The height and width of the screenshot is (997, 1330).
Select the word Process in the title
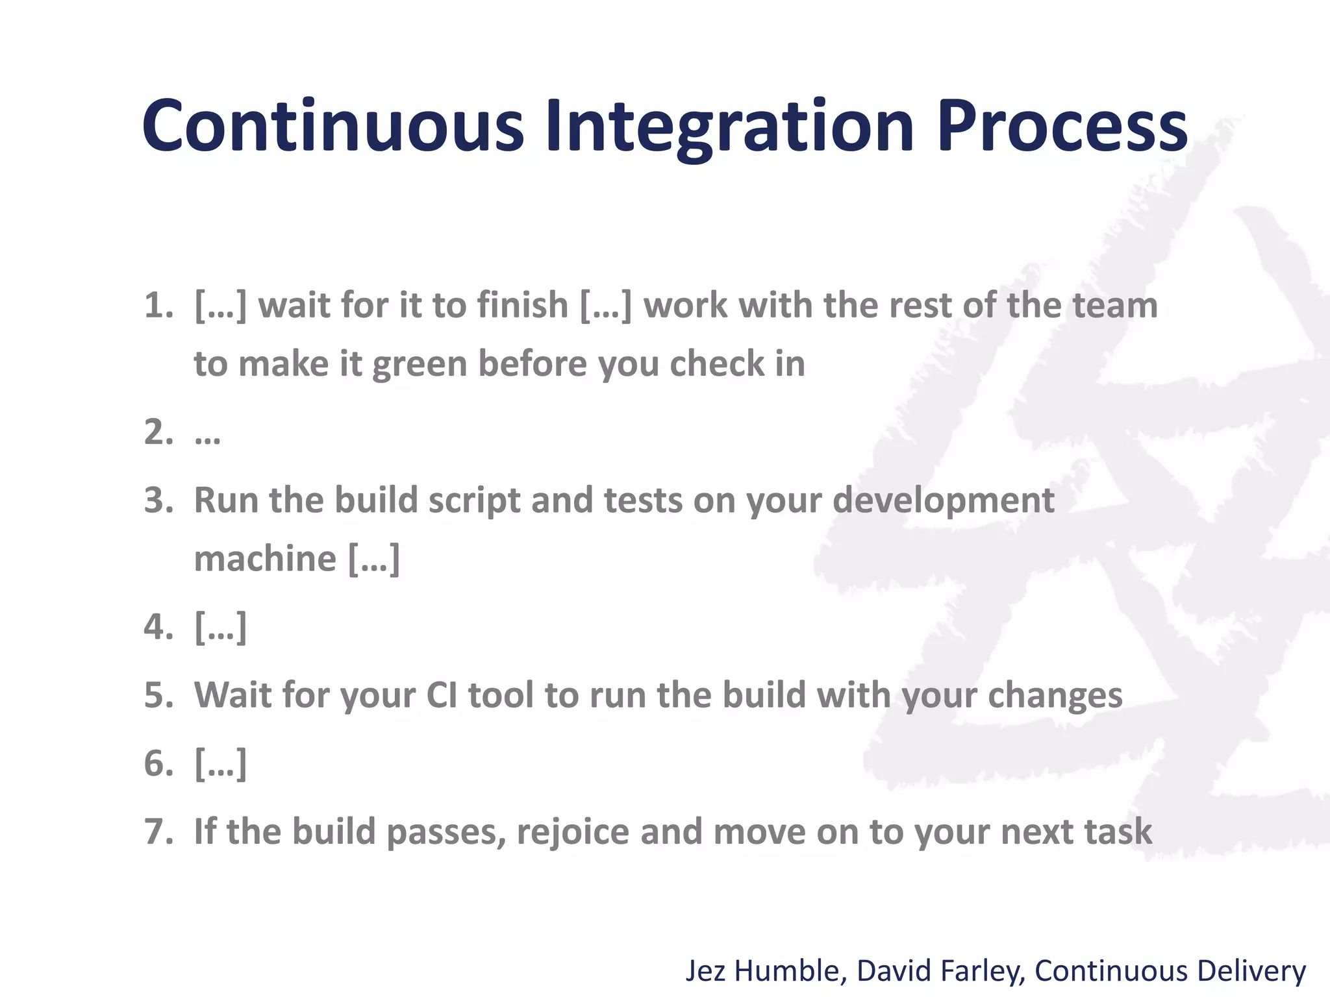pos(1062,127)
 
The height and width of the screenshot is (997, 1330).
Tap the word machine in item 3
pos(265,559)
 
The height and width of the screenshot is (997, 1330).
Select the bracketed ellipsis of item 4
pos(220,627)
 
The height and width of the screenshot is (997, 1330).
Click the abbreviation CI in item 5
pos(442,695)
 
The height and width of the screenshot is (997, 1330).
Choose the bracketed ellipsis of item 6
pos(220,763)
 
